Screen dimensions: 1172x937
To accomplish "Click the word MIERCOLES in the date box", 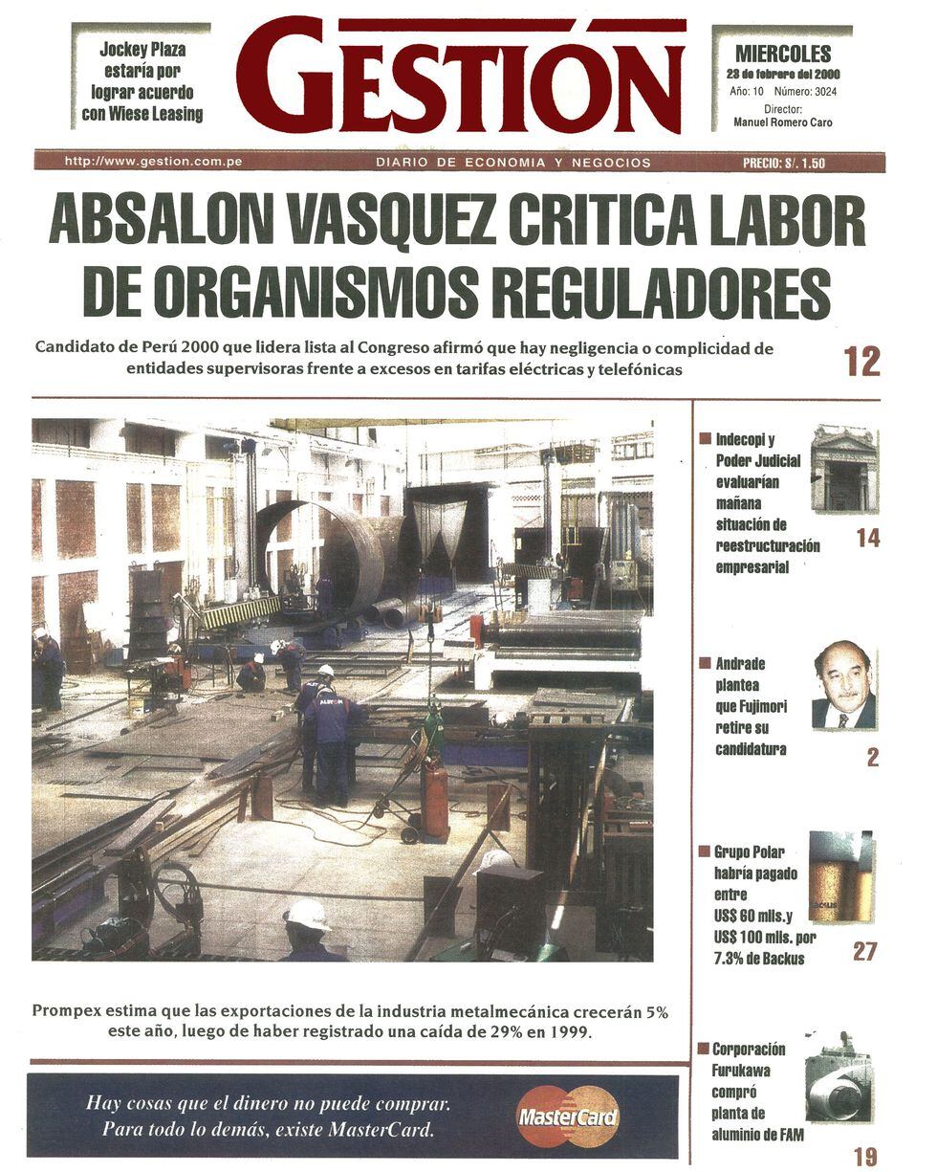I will click(782, 55).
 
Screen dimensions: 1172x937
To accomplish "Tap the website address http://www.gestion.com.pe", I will click(153, 162).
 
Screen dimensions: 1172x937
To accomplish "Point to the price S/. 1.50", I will click(783, 163).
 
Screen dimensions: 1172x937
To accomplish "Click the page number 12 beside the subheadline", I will click(861, 362).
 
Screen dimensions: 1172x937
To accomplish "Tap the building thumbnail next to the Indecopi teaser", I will click(843, 469).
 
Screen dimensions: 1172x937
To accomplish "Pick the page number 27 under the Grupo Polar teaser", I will click(864, 951).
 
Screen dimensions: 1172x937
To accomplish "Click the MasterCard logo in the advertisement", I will click(569, 1116).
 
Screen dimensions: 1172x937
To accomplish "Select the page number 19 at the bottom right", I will click(864, 1156).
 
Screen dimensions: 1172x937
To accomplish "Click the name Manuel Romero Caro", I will click(782, 122).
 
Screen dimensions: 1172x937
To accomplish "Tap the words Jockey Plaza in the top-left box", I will click(143, 50).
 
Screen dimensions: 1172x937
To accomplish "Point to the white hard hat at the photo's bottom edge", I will click(306, 915).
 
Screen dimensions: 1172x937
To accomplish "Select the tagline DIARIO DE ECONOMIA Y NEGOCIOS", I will click(512, 163).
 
